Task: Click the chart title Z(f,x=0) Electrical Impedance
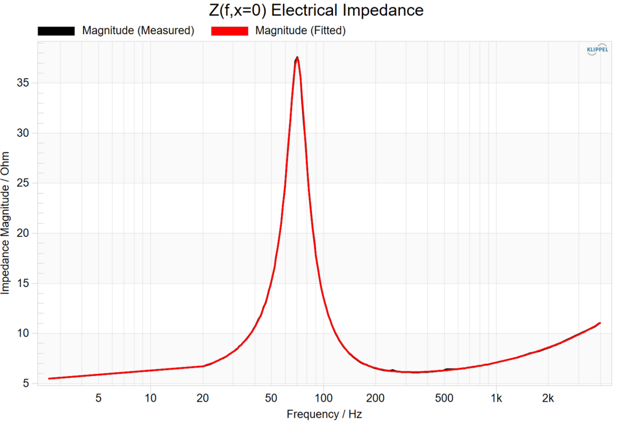316,10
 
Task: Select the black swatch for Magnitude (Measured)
56,31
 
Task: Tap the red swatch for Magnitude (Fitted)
229,31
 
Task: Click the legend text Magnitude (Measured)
138,31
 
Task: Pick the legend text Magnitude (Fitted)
300,31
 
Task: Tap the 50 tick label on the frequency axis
271,398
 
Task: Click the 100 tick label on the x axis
323,398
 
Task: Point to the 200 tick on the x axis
375,398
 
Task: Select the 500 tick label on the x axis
444,398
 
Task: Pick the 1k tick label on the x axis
496,398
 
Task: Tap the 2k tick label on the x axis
548,398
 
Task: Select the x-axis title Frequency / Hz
324,414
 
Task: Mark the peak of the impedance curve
297,58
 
